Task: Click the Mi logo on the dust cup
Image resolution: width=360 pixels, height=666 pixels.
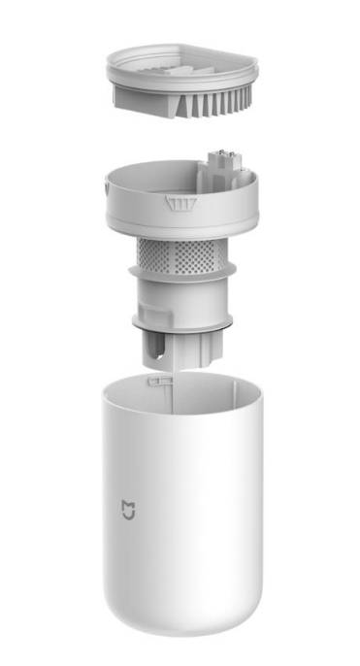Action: point(127,508)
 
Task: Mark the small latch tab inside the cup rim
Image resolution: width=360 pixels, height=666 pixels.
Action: point(153,382)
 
